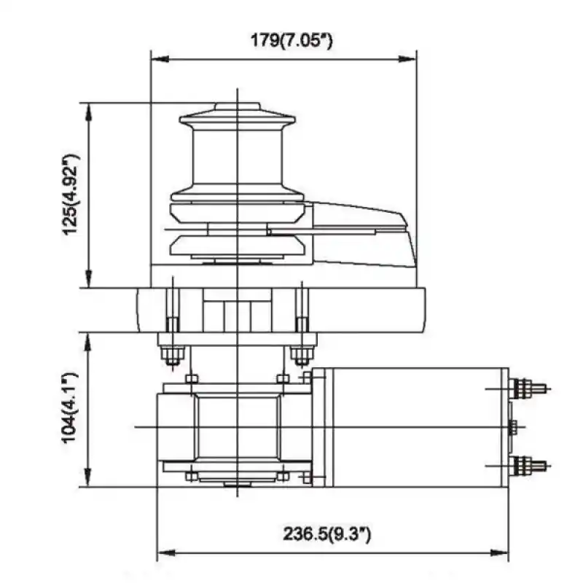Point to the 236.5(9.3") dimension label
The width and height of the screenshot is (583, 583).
327,533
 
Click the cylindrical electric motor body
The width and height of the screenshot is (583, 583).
408,426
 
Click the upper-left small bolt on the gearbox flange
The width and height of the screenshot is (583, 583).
191,378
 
